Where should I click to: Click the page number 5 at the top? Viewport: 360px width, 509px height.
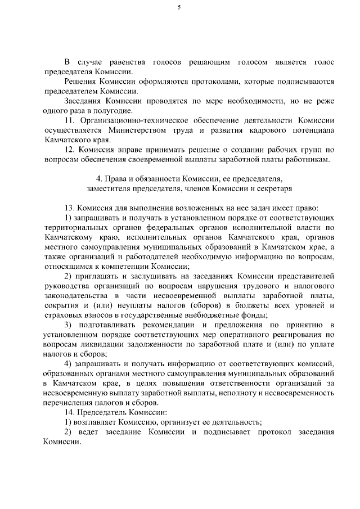click(x=179, y=7)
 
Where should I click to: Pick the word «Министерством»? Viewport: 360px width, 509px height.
click(x=144, y=130)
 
